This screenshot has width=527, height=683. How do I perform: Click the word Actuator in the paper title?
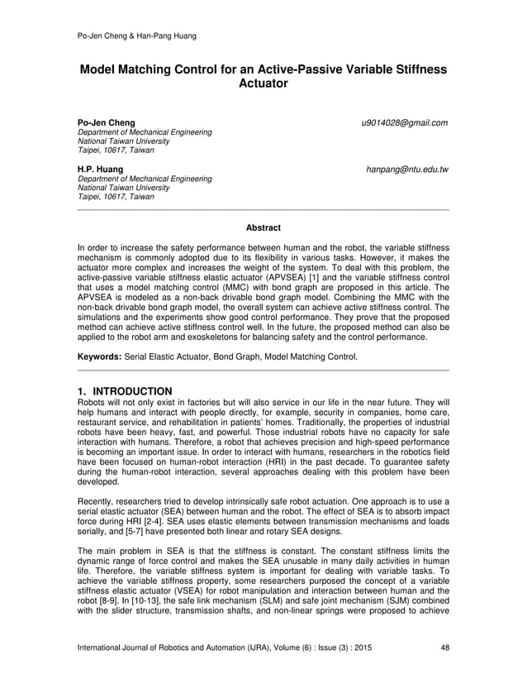point(263,85)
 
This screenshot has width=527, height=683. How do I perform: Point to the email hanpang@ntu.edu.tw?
point(408,170)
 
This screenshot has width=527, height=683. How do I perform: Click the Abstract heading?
point(263,227)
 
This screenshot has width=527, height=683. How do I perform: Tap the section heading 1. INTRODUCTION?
point(125,390)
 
